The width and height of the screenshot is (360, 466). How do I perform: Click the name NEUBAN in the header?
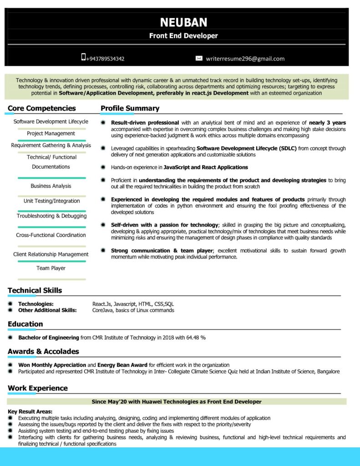183,22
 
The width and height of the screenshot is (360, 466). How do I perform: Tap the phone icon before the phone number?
83,57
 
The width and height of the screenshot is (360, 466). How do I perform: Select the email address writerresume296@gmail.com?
245,59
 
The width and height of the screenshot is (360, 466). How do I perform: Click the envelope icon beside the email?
199,58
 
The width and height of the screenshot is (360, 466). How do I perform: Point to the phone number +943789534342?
105,59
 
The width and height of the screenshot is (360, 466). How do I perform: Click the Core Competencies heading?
42,108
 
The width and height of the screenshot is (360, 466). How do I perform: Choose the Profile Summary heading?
130,108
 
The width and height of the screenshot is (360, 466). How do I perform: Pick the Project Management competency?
51,133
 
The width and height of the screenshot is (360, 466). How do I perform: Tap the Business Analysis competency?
51,186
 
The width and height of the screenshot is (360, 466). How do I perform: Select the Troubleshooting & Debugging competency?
51,216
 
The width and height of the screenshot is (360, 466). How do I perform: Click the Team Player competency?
51,268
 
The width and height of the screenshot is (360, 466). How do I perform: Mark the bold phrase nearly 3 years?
327,122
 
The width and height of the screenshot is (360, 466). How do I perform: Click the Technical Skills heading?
35,290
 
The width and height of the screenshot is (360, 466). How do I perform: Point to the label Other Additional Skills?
47,310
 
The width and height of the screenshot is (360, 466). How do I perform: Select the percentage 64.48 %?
196,338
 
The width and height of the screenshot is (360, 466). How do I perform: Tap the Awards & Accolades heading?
43,351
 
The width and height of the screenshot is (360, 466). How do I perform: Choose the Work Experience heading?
38,388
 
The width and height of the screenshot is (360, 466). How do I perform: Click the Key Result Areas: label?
30,411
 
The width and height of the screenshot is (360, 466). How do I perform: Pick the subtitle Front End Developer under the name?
183,35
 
